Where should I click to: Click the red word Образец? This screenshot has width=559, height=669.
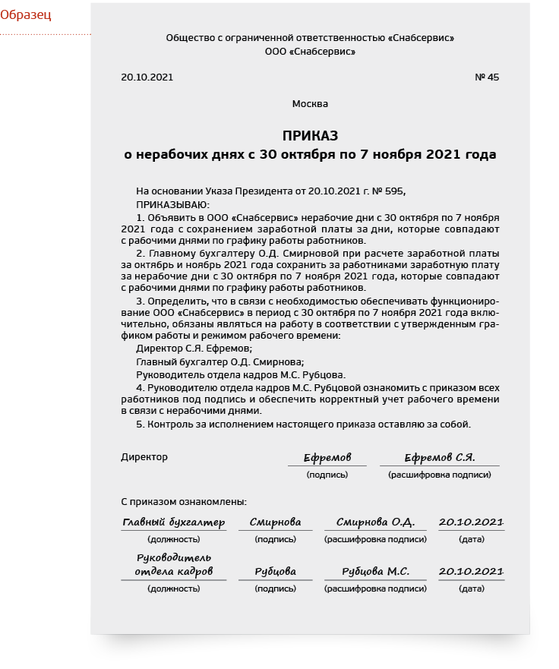click(26, 14)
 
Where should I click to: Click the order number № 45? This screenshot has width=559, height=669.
click(487, 77)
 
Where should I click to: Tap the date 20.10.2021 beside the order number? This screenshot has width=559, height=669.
click(147, 77)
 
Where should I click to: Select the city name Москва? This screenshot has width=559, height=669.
click(310, 104)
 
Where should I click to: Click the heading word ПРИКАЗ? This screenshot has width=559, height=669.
click(310, 136)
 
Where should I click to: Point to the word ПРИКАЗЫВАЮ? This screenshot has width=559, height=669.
click(172, 205)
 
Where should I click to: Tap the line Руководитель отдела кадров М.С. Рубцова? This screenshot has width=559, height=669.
click(241, 374)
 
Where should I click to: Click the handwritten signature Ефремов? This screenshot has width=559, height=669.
click(327, 458)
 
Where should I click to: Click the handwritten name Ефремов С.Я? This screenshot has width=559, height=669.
click(439, 458)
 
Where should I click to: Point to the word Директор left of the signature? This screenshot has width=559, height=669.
click(144, 457)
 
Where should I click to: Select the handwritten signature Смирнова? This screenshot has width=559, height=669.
click(275, 522)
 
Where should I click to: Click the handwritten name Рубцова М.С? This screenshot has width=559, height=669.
click(375, 572)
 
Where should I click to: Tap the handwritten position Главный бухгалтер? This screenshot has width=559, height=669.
click(173, 522)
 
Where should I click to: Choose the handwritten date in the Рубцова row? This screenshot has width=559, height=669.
click(471, 572)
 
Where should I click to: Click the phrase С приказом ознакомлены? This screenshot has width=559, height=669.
click(184, 502)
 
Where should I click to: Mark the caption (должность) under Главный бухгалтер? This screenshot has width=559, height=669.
click(173, 539)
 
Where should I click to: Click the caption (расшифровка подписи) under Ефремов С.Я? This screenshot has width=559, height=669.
click(439, 475)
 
